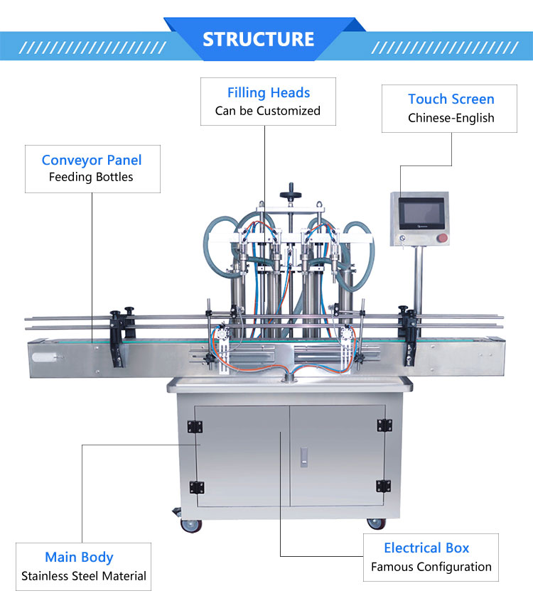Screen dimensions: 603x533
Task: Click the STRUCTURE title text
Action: click(258, 38)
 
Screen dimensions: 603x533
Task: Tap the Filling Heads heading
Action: click(269, 92)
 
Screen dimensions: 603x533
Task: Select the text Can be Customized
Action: click(268, 111)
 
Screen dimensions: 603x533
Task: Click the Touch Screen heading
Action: click(451, 99)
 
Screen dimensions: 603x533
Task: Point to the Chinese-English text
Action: click(451, 118)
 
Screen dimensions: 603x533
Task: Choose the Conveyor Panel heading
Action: click(92, 160)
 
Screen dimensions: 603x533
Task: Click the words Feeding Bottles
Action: click(91, 177)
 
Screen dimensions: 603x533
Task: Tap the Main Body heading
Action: click(79, 557)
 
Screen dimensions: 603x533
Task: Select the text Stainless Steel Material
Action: click(84, 576)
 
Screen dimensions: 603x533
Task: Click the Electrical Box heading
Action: click(426, 548)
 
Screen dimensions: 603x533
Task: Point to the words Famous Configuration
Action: click(431, 567)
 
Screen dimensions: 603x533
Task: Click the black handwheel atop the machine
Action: click(290, 192)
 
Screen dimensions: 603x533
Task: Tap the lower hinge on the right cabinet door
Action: click(384, 486)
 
